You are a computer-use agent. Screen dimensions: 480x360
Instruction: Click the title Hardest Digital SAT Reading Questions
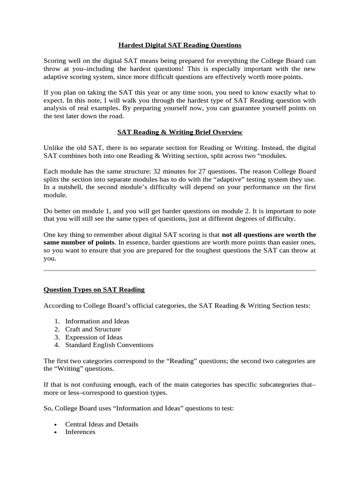[x=180, y=45]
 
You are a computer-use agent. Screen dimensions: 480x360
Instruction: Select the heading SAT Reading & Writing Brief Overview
[x=180, y=132]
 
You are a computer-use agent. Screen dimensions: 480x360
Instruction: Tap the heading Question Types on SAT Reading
[x=94, y=290]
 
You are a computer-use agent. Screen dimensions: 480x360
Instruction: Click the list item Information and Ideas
[x=97, y=321]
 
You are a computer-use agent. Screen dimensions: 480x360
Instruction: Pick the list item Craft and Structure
[x=93, y=329]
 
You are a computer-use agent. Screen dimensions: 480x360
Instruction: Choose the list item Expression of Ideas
[x=94, y=337]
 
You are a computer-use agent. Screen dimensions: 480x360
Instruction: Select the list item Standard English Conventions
[x=109, y=345]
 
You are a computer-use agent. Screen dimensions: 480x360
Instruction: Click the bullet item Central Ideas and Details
[x=102, y=424]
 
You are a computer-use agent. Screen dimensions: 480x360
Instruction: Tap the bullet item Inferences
[x=80, y=432]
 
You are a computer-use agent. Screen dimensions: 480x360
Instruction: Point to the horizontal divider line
[x=180, y=270]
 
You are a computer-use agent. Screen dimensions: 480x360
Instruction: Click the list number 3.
[x=57, y=337]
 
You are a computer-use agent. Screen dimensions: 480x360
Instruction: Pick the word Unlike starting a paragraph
[x=53, y=148]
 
